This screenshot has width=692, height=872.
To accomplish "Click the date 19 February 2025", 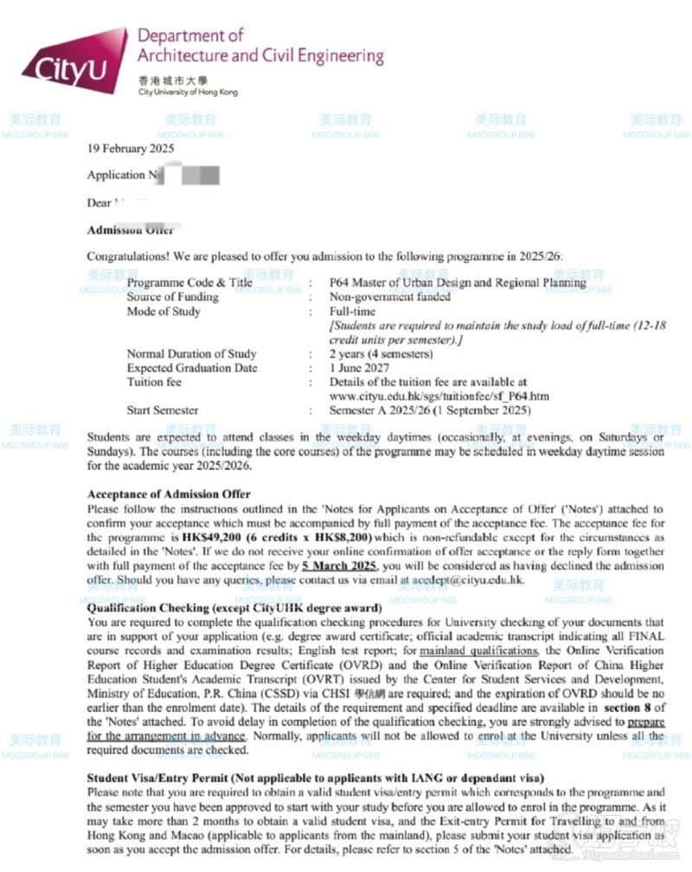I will [131, 148].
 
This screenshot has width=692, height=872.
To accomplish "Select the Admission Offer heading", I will [131, 230].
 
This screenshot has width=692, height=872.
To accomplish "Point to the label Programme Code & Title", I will [189, 283].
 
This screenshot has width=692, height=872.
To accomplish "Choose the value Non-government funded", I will [390, 296].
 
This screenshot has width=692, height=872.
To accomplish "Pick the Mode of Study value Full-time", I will [350, 311].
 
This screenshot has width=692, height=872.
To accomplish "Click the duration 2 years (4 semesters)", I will [381, 353].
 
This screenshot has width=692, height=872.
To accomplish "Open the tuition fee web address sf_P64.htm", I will [439, 396].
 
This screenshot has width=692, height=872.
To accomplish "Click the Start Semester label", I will [163, 410].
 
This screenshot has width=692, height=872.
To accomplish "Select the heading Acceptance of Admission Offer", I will [169, 494].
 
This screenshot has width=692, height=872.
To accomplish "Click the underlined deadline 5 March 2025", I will [339, 565].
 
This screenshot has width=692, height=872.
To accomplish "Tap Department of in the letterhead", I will [190, 36].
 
